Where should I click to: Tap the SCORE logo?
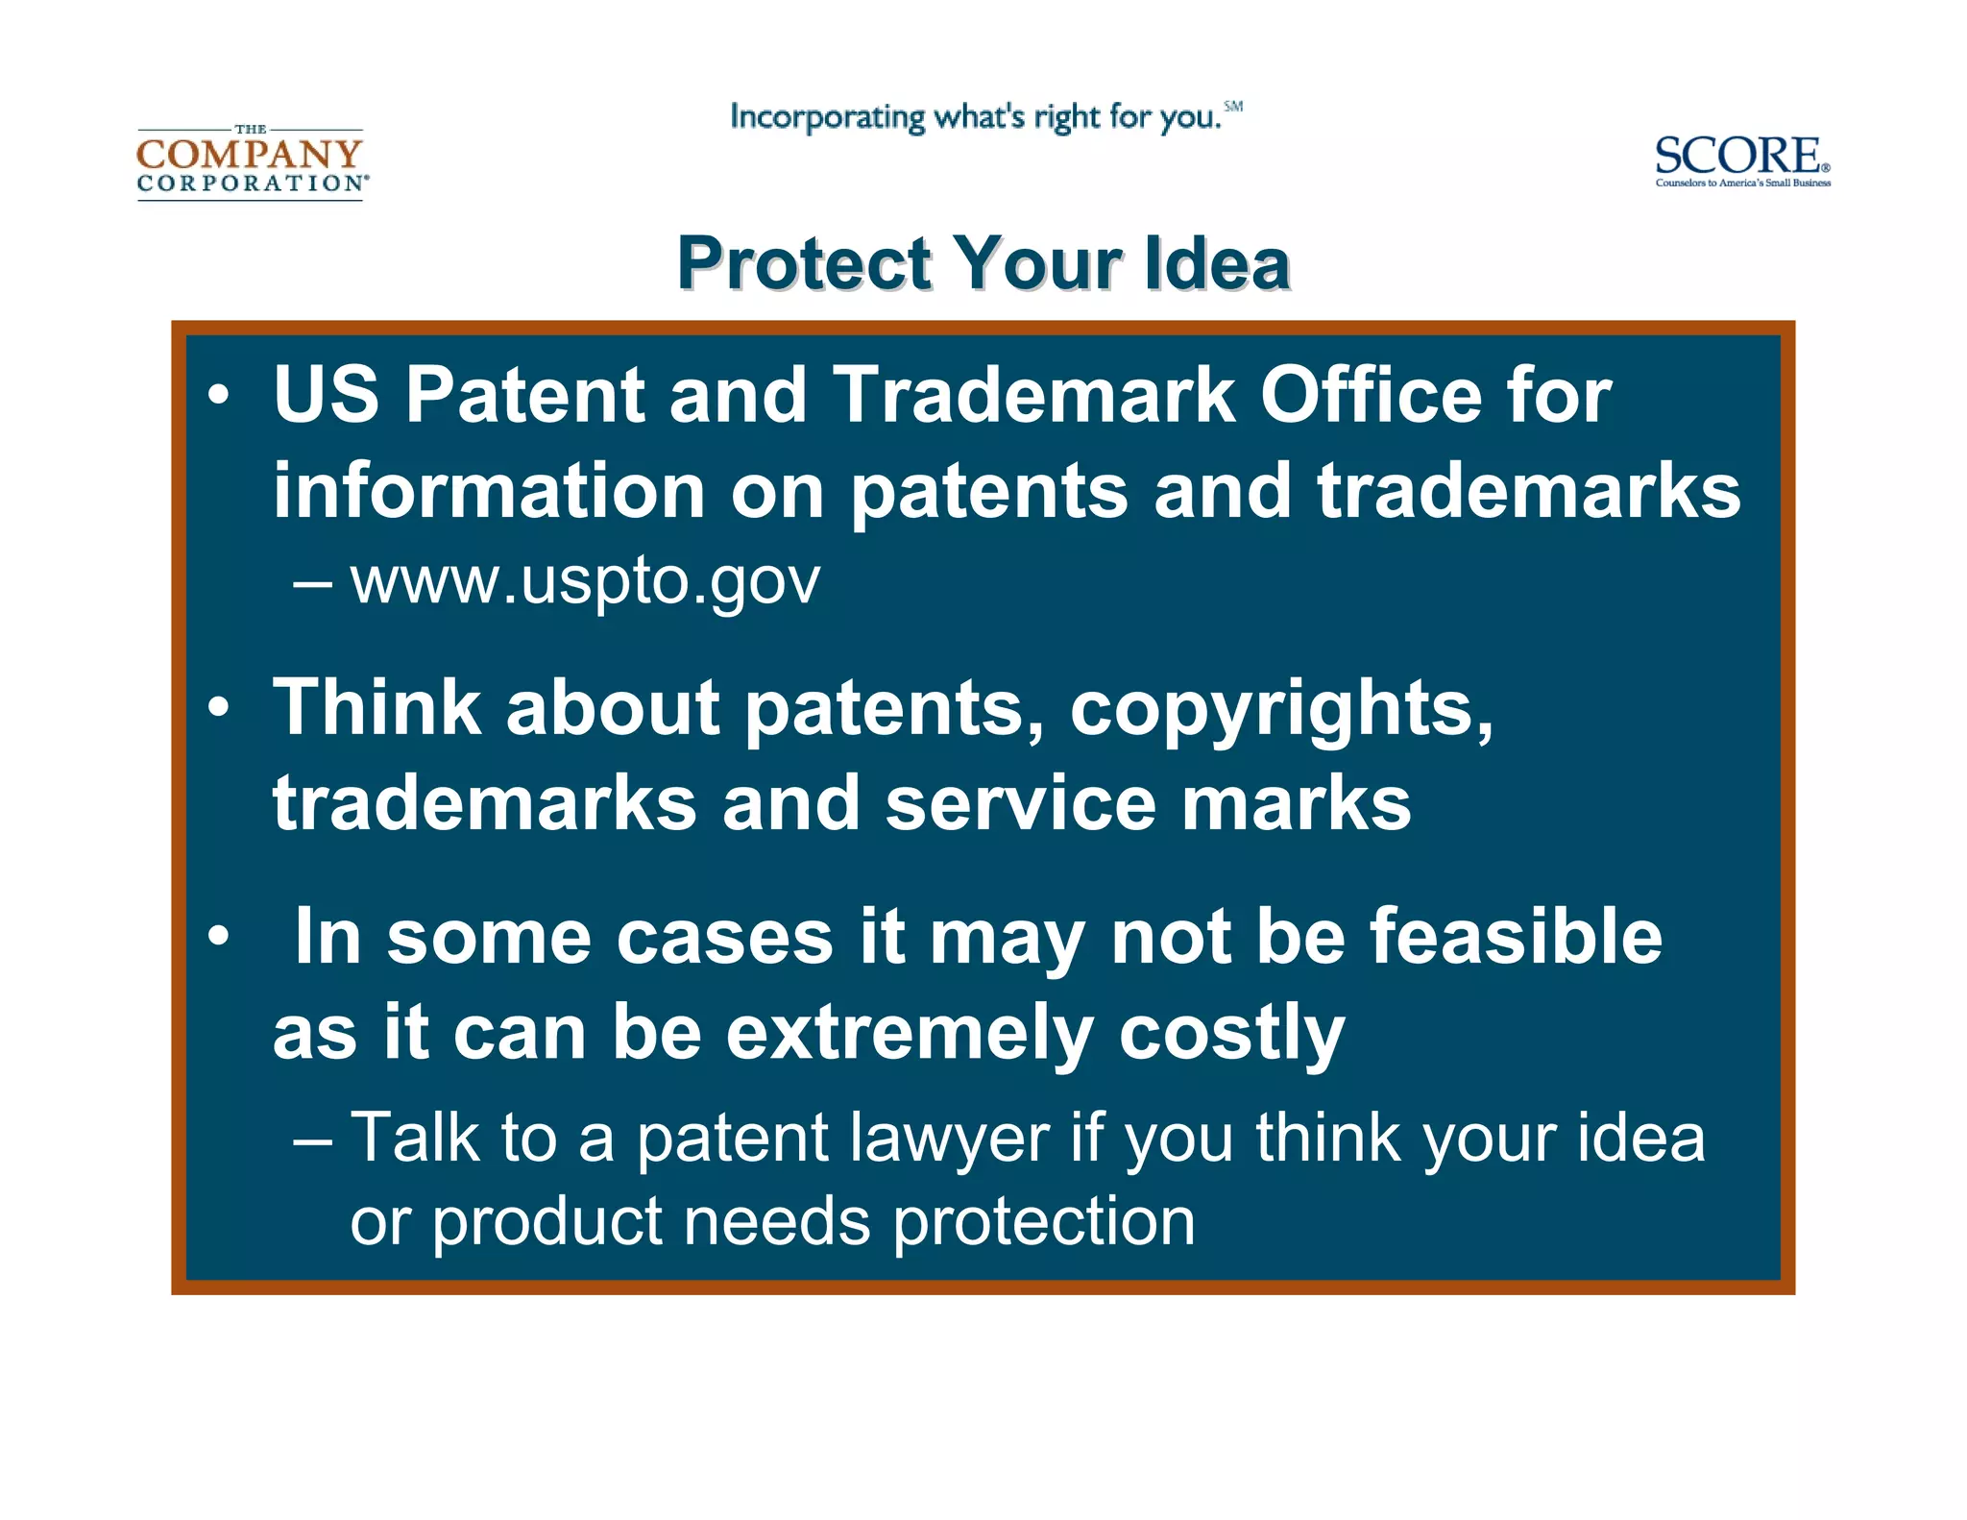(1741, 159)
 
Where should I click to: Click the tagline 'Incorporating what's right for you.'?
(976, 117)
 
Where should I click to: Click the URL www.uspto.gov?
(584, 580)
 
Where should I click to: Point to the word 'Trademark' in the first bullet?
(1033, 395)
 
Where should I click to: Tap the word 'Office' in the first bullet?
(1371, 395)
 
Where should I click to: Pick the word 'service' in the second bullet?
(1020, 803)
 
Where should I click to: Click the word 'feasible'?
(1516, 936)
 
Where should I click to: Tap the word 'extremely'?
(909, 1034)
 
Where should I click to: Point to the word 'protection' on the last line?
(1044, 1224)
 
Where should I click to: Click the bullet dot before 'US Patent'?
(219, 395)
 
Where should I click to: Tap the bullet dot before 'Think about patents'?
(219, 708)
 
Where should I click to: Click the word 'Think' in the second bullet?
(376, 708)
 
